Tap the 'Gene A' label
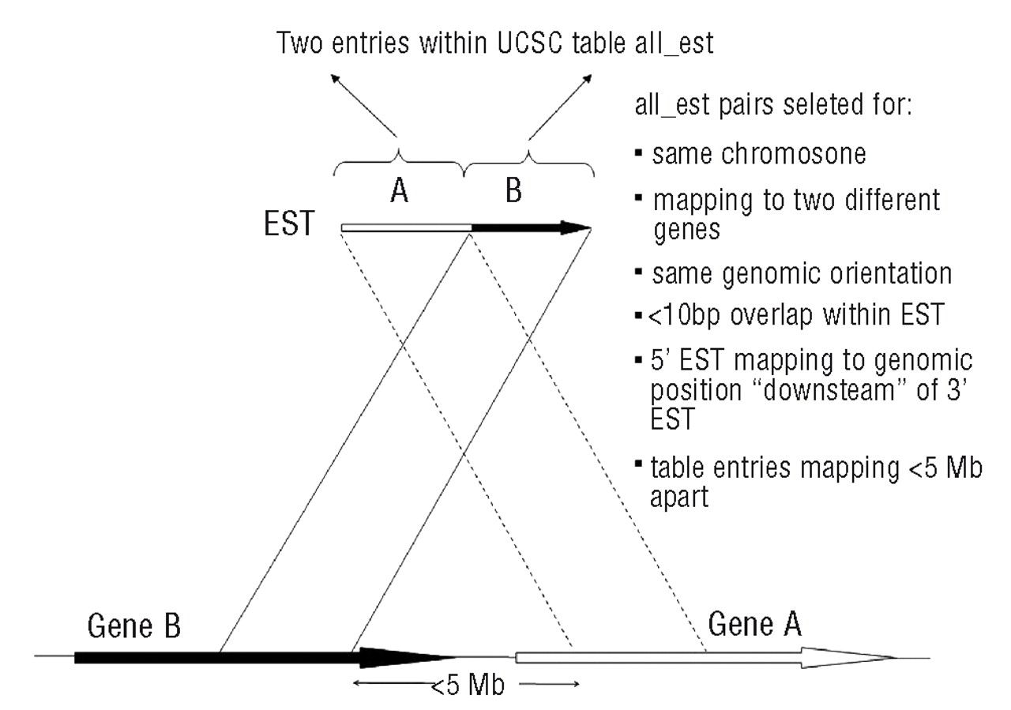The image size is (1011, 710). coord(755,625)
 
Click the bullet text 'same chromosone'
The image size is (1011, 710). coord(758,153)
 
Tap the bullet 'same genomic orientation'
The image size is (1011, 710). coord(802,274)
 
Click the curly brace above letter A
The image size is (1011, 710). coord(400,162)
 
